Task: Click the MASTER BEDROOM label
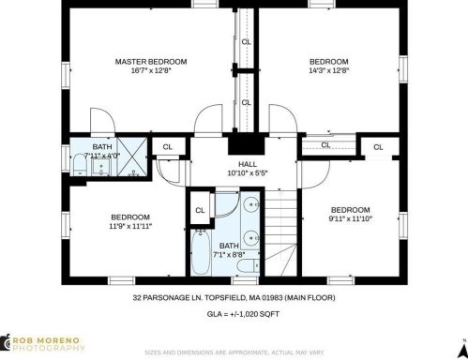pyautogui.click(x=151, y=62)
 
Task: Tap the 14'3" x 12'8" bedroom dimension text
pyautogui.click(x=328, y=70)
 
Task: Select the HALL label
pyautogui.click(x=248, y=164)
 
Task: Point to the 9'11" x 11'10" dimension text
pyautogui.click(x=350, y=218)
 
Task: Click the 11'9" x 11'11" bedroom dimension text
pyautogui.click(x=130, y=226)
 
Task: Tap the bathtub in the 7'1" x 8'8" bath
pyautogui.click(x=201, y=252)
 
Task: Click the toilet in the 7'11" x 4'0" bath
pyautogui.click(x=80, y=164)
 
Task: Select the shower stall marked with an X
pyautogui.click(x=132, y=157)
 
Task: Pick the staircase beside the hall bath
pyautogui.click(x=280, y=233)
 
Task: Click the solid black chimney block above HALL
pyautogui.click(x=247, y=143)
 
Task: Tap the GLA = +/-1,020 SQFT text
pyautogui.click(x=243, y=314)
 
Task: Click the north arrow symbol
pyautogui.click(x=463, y=349)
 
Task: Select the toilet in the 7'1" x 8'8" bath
pyautogui.click(x=249, y=266)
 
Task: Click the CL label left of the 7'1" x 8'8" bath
pyautogui.click(x=200, y=210)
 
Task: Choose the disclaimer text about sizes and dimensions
pyautogui.click(x=234, y=352)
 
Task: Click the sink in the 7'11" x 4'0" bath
pyautogui.click(x=101, y=167)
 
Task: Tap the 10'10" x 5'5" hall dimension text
pyautogui.click(x=248, y=172)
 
